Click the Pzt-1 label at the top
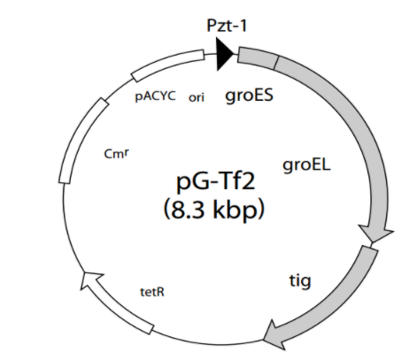(x=227, y=26)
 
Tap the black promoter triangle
(x=225, y=54)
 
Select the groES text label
(x=249, y=96)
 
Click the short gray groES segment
(x=258, y=58)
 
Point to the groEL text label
(x=306, y=165)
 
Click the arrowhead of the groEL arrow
(x=375, y=234)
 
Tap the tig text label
(x=300, y=280)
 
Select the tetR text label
(x=152, y=292)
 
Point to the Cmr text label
(x=116, y=153)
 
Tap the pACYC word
(x=155, y=96)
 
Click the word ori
(x=197, y=97)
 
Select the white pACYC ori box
(x=167, y=65)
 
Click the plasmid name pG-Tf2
(x=215, y=181)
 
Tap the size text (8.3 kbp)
(x=213, y=210)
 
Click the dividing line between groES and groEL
(x=276, y=63)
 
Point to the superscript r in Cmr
(x=126, y=151)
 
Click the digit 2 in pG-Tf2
(x=248, y=180)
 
